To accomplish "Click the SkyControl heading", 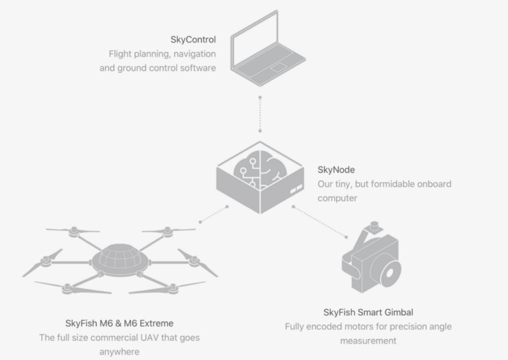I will [194, 39].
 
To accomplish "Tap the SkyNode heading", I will [336, 170].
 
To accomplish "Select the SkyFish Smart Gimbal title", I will [368, 312].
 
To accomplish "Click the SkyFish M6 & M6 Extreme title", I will [119, 323].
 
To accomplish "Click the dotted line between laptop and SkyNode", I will [260, 114].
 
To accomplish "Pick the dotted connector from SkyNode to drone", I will [214, 214].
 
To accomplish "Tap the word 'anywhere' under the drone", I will [119, 351].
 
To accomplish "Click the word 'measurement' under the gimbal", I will [368, 340].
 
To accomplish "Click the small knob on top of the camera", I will [375, 224].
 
